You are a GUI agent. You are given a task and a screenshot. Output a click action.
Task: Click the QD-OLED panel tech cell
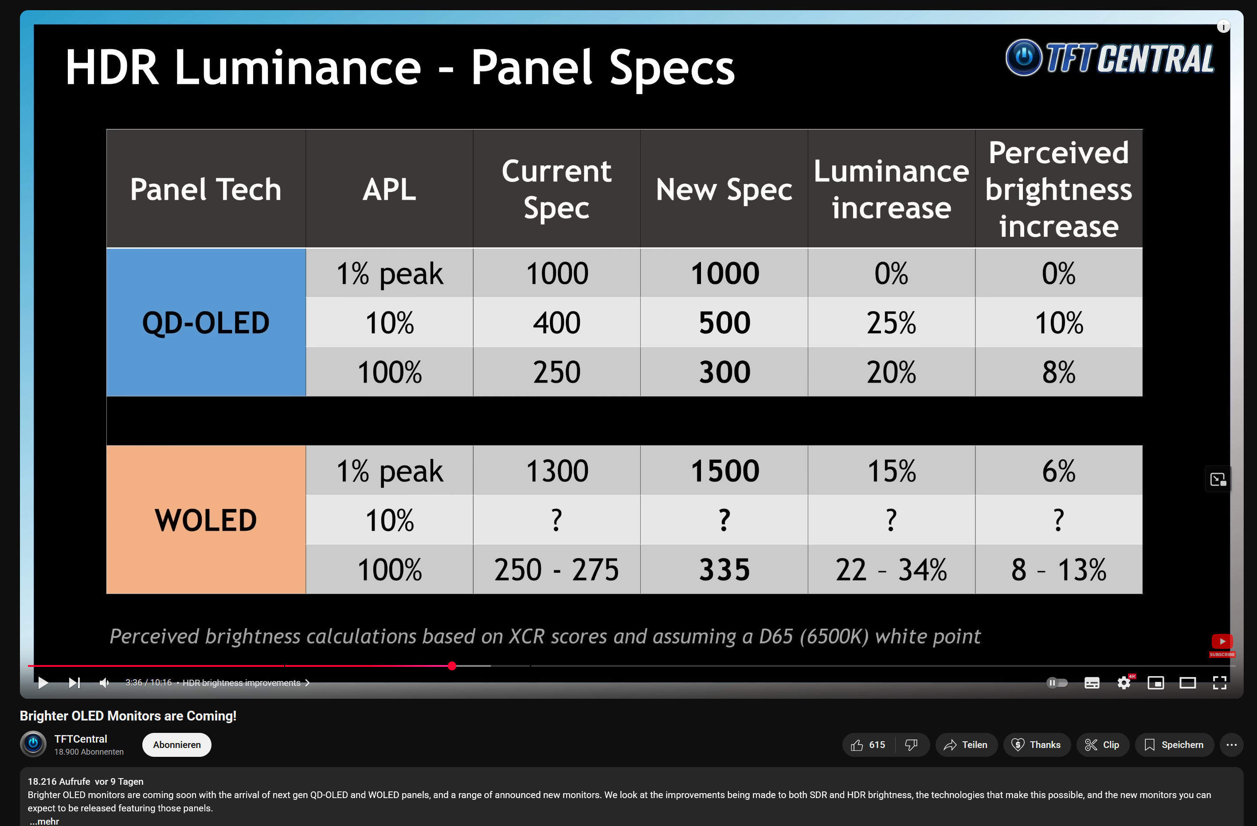pyautogui.click(x=206, y=322)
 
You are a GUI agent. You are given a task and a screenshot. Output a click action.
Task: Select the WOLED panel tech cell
pyautogui.click(x=206, y=520)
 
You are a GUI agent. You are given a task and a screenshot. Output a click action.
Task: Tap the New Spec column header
pyautogui.click(x=724, y=189)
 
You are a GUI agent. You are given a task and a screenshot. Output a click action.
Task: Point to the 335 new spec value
pyautogui.click(x=724, y=569)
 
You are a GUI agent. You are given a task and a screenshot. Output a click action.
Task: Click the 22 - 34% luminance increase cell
pyautogui.click(x=892, y=569)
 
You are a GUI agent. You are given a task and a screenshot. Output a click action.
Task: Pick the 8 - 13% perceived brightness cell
pyautogui.click(x=1058, y=569)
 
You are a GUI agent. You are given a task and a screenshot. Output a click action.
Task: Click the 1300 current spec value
pyautogui.click(x=557, y=470)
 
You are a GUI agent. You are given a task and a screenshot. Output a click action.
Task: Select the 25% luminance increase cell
pyautogui.click(x=892, y=322)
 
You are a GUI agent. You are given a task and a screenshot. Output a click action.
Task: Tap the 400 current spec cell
pyautogui.click(x=557, y=322)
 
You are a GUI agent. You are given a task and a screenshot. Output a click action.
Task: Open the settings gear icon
pyautogui.click(x=1124, y=683)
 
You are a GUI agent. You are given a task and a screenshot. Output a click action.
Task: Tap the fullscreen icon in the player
pyautogui.click(x=1219, y=683)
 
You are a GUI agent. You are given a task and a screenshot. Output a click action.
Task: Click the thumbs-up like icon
pyautogui.click(x=857, y=745)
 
